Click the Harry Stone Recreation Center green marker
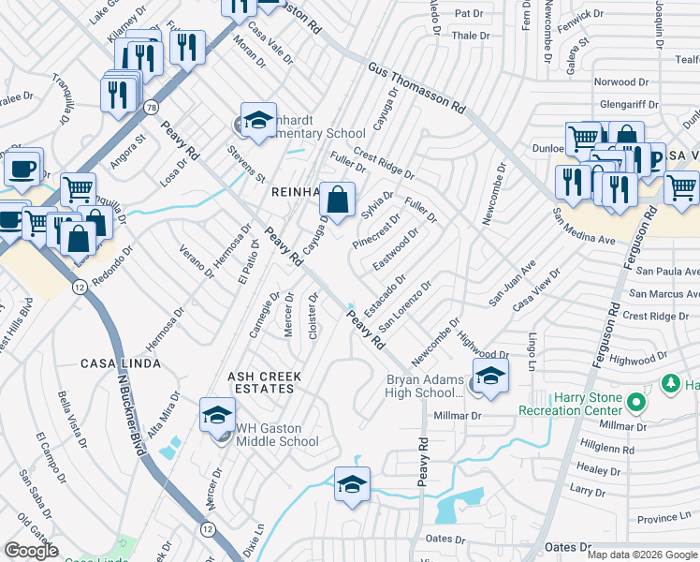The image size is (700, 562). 636,404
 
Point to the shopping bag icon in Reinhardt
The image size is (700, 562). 339,199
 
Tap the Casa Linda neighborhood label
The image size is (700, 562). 118,363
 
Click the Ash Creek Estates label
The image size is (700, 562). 265,382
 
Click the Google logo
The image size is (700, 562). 31,551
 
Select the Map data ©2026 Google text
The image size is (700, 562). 642,555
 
